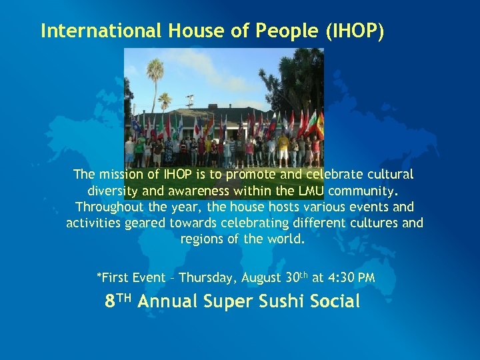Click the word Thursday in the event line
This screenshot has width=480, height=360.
208,277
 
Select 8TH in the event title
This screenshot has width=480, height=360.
120,301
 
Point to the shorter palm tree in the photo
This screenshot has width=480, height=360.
165,101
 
